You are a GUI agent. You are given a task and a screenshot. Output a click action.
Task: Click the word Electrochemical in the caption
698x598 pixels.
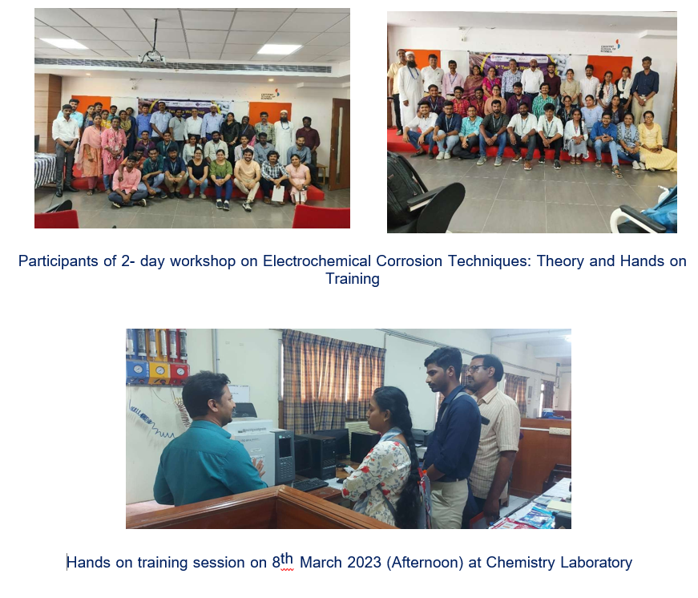tap(317, 261)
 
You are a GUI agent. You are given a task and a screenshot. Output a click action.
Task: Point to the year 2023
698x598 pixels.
tap(364, 563)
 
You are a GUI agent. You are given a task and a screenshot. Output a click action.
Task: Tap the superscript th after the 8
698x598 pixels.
tap(287, 559)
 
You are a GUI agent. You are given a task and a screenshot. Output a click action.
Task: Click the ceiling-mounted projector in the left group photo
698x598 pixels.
tap(152, 58)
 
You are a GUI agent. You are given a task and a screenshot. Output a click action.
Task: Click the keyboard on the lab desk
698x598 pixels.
tap(310, 484)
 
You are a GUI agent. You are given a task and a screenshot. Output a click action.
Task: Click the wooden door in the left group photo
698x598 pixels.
tap(340, 143)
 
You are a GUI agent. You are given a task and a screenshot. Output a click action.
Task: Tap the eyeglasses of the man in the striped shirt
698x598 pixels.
tap(476, 369)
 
